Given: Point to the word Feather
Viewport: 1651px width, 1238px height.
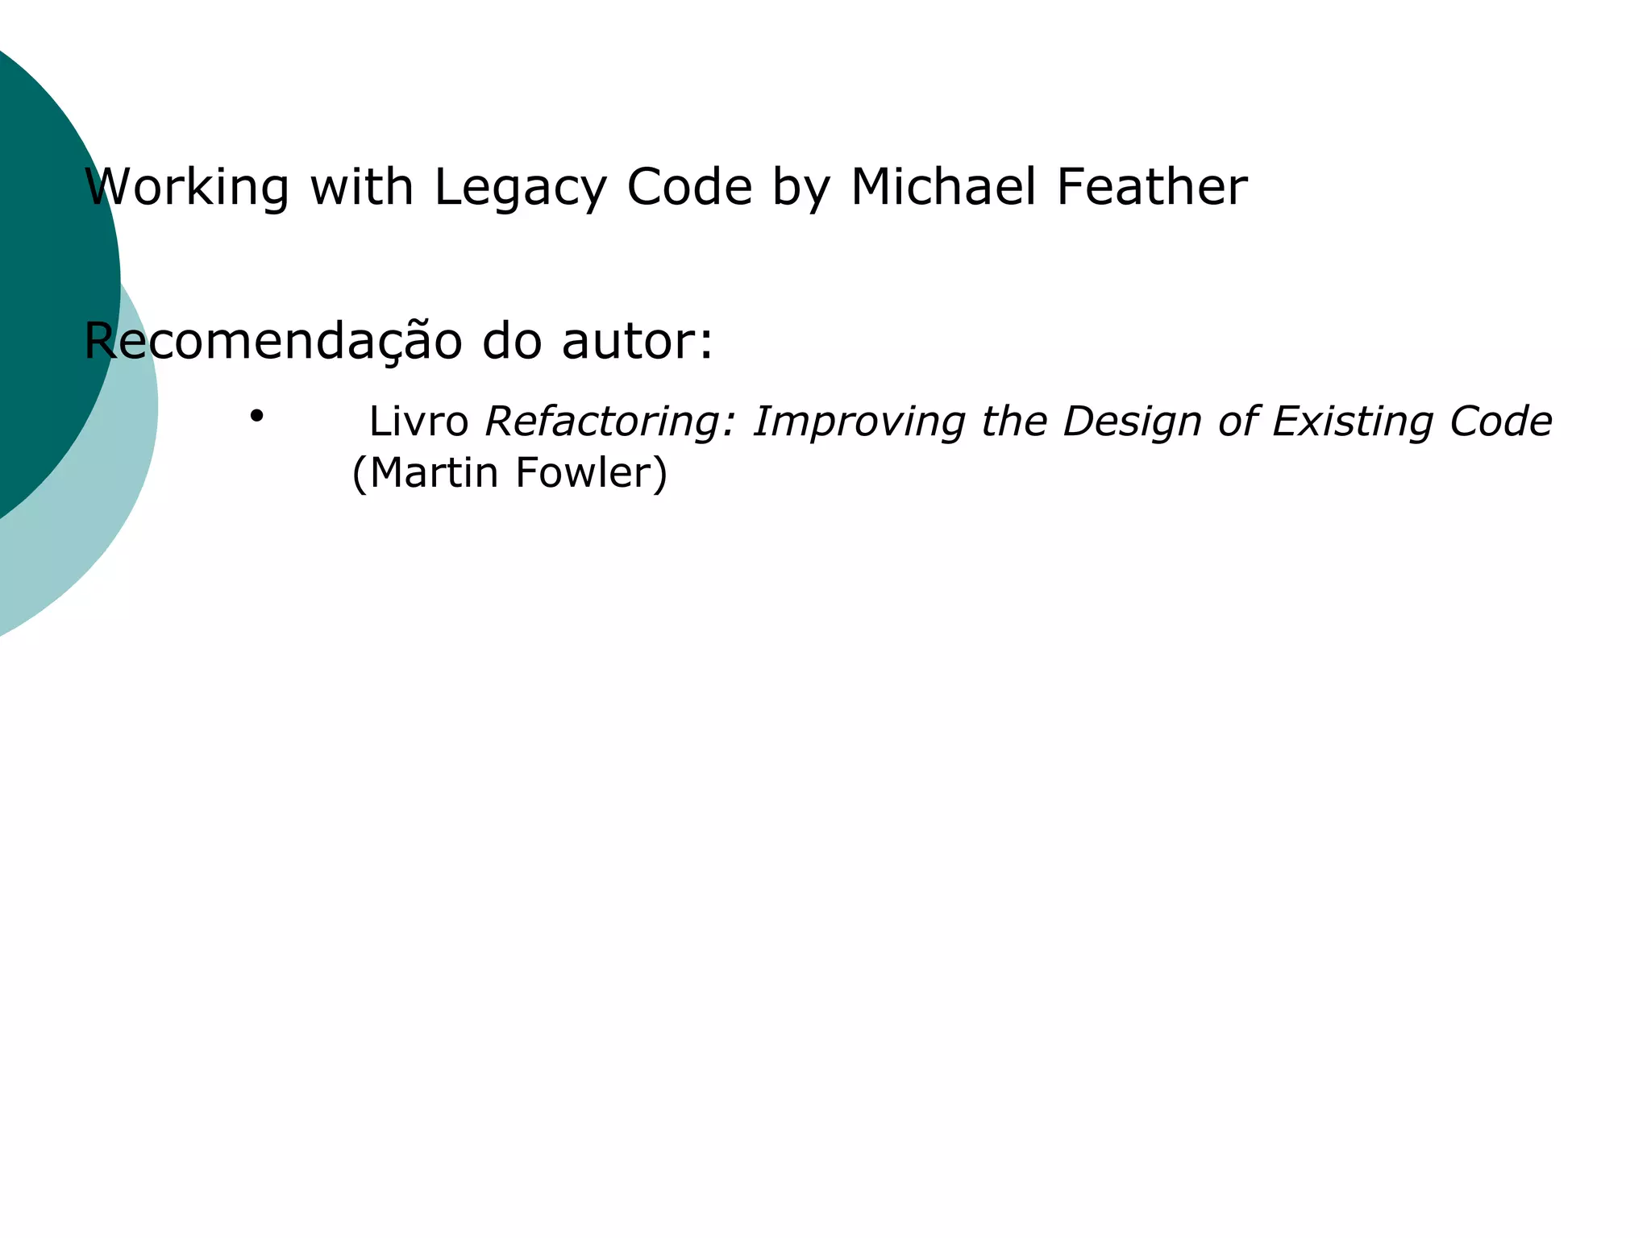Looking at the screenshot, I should tap(1151, 187).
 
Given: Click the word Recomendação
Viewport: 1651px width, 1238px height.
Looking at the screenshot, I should tap(272, 342).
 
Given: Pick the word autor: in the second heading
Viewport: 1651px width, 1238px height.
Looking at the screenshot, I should tap(637, 342).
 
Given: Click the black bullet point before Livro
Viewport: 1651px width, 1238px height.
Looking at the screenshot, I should tap(256, 416).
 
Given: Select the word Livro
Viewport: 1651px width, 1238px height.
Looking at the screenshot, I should tap(418, 422).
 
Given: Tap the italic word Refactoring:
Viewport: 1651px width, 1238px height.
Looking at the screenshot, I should tap(610, 422).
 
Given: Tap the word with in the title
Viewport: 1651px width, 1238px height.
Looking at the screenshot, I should tap(362, 187).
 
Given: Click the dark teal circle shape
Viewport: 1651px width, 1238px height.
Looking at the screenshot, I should tap(40, 242).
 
